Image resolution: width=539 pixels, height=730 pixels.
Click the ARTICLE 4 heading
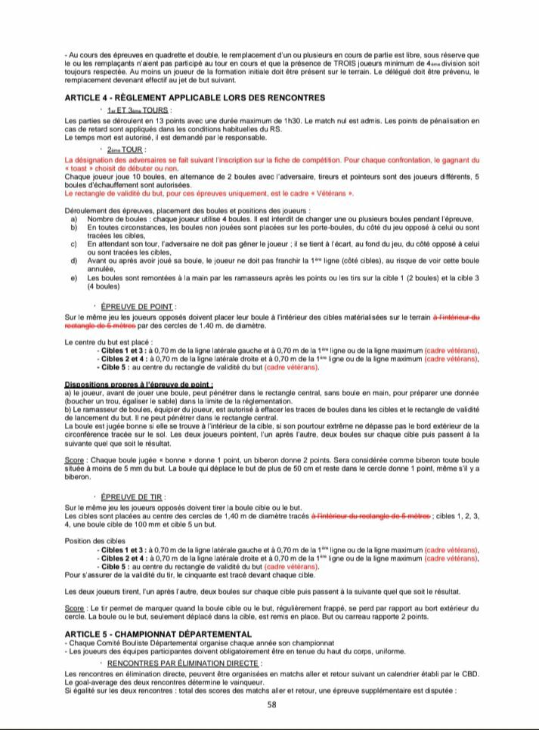point(195,97)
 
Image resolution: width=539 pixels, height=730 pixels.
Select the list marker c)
point(73,244)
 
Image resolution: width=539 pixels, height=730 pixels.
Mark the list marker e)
point(73,277)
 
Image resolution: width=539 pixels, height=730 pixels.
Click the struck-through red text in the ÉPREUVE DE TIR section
point(370,516)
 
